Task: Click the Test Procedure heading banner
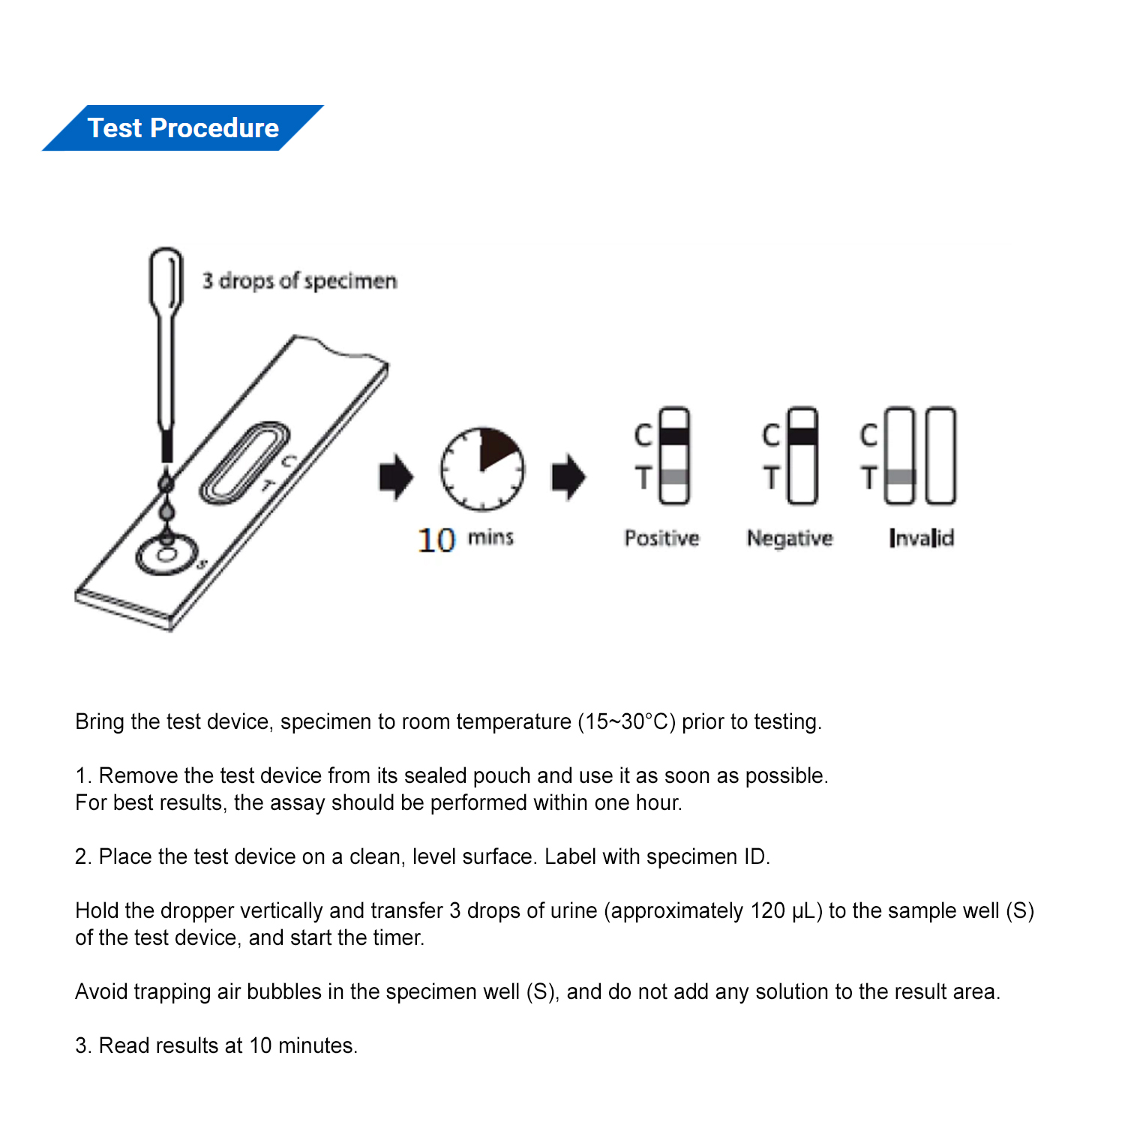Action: [183, 128]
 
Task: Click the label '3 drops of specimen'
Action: [299, 281]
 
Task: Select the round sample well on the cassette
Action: [166, 556]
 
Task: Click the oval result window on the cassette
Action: [244, 462]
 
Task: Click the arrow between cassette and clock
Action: [396, 477]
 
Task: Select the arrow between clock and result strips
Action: [568, 477]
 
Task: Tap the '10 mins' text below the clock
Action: [465, 538]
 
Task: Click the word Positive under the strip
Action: [661, 538]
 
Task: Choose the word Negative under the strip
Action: [790, 538]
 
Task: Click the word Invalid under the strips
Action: [921, 538]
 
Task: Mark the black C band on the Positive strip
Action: [674, 436]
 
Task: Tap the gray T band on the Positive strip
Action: [674, 477]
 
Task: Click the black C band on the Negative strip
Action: [803, 436]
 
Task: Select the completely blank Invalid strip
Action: [940, 456]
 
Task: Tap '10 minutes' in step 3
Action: [303, 1045]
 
